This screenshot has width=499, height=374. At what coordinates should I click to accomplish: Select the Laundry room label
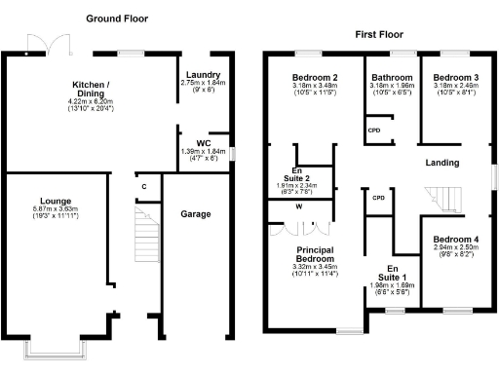pos(202,75)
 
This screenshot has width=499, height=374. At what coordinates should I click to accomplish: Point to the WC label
pos(202,142)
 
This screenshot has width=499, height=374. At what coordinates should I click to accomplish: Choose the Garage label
pos(198,212)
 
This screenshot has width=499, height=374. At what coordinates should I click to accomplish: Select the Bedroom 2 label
pos(314,77)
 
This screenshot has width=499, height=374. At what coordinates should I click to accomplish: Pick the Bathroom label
pos(392,77)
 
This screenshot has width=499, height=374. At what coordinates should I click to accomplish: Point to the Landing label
pos(446,164)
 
